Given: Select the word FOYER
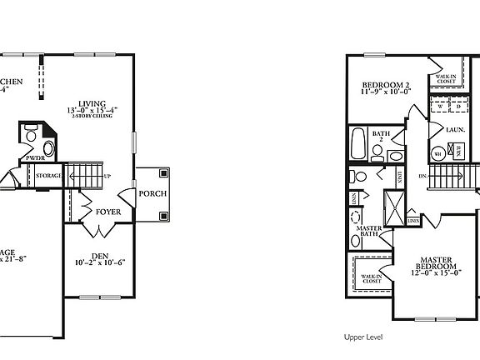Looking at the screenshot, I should point(107,212).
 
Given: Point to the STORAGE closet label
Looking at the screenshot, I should point(49,176).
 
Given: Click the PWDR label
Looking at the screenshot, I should point(34,157).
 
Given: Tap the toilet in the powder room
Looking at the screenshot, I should point(32,135).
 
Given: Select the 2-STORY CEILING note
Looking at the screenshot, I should point(92,117).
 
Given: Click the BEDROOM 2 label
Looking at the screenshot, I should point(387,86).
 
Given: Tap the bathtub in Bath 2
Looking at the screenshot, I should point(359,143).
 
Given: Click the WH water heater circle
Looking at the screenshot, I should point(437,153).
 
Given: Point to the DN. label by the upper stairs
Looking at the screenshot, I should point(423,177).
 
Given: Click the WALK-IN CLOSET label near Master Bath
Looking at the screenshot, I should point(371,278).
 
